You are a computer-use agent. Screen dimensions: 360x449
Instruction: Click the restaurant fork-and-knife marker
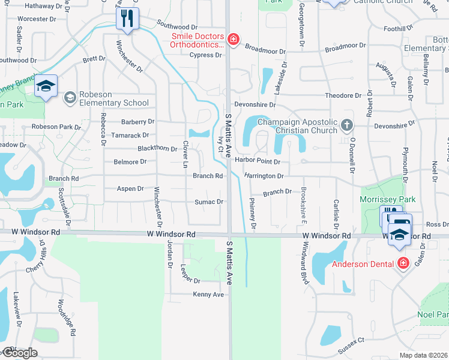pos(127,19)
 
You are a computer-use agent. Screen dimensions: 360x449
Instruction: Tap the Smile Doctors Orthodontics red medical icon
pos(234,40)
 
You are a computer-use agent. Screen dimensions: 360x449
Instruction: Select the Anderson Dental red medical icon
pos(403,263)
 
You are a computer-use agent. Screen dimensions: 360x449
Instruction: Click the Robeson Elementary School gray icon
pos(70,97)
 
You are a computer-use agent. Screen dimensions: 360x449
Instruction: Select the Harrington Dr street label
pos(264,176)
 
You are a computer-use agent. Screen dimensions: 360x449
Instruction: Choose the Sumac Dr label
pos(209,202)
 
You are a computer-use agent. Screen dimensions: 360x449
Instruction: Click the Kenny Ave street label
pos(208,295)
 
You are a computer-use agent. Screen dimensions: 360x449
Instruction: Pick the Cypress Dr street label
pos(205,55)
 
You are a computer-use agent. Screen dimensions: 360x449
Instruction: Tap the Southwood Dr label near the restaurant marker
pos(177,27)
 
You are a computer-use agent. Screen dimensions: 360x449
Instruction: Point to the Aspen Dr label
pos(130,188)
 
